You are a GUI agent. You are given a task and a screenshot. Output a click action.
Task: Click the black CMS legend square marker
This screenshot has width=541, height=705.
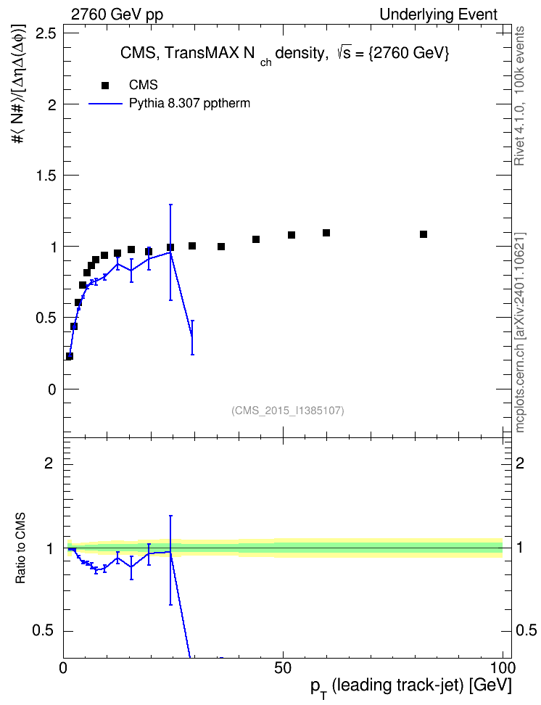click(x=105, y=85)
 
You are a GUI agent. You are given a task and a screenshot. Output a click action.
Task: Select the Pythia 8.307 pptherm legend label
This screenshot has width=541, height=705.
click(x=189, y=104)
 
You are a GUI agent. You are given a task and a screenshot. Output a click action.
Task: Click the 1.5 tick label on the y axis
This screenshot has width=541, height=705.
click(x=46, y=176)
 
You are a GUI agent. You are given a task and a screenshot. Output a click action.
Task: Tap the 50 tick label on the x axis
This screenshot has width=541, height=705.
click(x=283, y=668)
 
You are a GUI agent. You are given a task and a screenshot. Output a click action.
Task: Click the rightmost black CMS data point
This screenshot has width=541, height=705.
click(x=424, y=234)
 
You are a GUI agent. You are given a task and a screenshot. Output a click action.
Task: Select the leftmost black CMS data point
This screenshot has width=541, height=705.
click(x=69, y=356)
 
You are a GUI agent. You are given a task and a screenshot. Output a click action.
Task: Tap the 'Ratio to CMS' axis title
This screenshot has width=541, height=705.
click(x=20, y=548)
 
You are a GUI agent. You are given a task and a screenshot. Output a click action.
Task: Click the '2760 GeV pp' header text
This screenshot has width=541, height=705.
click(x=117, y=15)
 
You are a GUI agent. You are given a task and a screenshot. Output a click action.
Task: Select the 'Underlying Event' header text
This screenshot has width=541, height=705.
click(x=439, y=15)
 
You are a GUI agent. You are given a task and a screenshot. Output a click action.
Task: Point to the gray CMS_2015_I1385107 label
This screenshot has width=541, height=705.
click(x=288, y=411)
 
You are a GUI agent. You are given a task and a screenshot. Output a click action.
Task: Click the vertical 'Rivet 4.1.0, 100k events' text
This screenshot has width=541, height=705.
click(x=519, y=96)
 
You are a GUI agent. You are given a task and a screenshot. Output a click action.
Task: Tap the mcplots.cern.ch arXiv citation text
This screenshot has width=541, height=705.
click(x=519, y=333)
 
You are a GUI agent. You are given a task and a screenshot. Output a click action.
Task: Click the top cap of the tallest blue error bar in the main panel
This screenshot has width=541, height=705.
click(x=170, y=205)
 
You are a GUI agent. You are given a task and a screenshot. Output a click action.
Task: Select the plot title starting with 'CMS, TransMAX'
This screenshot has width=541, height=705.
click(x=285, y=54)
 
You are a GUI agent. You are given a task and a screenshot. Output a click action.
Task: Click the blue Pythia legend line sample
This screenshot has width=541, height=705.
click(x=106, y=104)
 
